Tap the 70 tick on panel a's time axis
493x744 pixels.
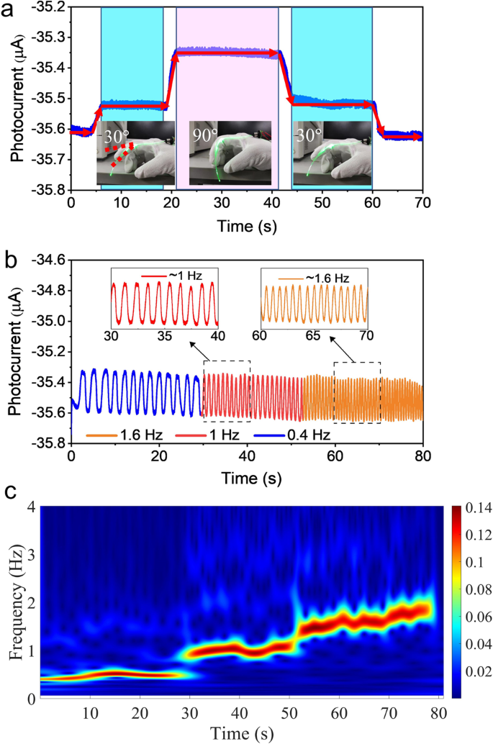pyautogui.click(x=422, y=204)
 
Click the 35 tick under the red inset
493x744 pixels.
pyautogui.click(x=164, y=335)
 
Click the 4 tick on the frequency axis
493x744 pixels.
pyautogui.click(x=32, y=507)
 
